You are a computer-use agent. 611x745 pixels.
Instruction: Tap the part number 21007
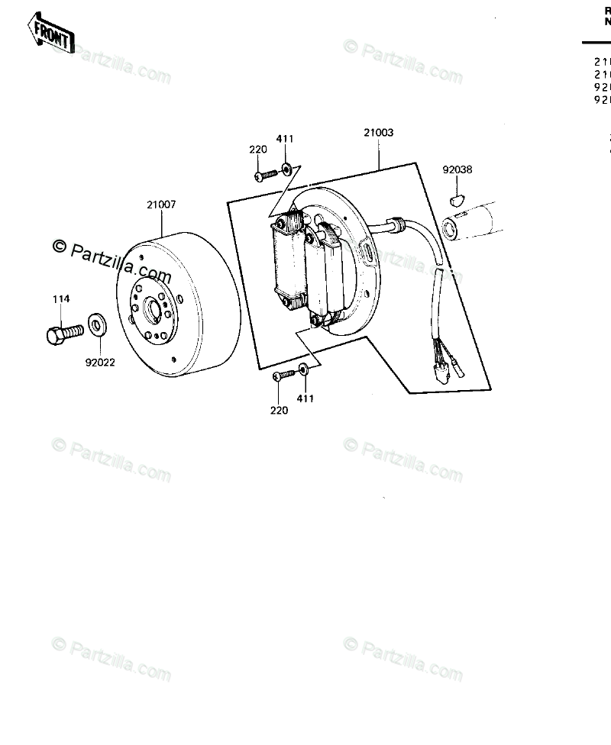[x=161, y=205]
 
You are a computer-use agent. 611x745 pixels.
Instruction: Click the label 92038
[x=457, y=169]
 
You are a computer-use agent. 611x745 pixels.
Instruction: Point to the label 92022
[x=99, y=362]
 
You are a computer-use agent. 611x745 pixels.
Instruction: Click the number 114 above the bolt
[x=61, y=299]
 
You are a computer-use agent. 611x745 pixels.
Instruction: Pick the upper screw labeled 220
[x=264, y=176]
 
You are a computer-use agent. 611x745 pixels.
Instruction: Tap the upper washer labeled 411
[x=286, y=169]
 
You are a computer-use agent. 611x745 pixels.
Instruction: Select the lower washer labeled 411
[x=305, y=370]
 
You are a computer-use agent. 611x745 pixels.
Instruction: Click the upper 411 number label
[x=285, y=138]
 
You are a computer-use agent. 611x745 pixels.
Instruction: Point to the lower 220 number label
[x=279, y=411]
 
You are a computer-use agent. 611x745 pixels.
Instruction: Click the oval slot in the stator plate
[x=367, y=249]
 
